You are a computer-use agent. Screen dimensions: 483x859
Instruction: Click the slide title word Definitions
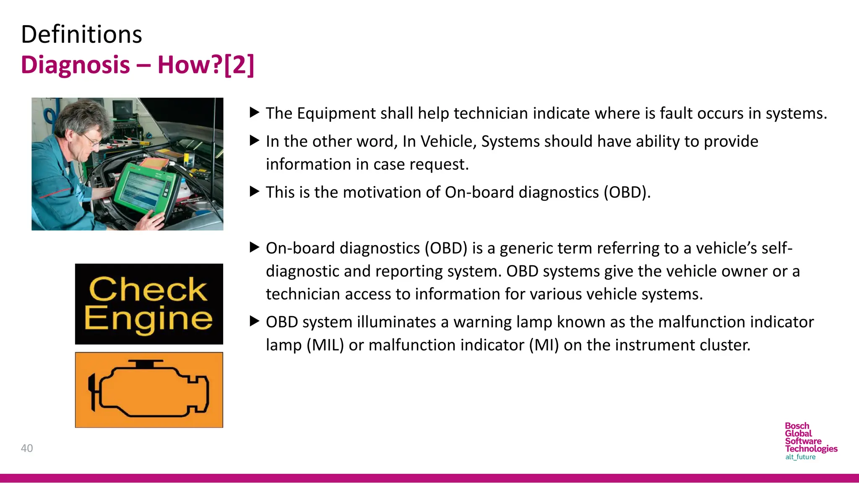tap(81, 34)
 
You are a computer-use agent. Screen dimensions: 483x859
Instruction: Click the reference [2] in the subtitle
tap(239, 65)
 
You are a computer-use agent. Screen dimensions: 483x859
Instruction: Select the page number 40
tap(27, 448)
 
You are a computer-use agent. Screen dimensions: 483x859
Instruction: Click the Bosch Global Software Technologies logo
tap(810, 437)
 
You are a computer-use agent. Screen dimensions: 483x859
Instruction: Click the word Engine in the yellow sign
tap(148, 319)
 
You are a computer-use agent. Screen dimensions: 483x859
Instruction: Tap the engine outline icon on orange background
tap(149, 390)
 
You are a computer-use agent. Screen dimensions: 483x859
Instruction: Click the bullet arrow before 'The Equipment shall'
tap(254, 113)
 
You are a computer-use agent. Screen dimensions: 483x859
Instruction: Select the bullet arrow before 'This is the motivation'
tap(254, 192)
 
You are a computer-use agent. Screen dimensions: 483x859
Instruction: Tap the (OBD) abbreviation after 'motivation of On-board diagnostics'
tap(627, 192)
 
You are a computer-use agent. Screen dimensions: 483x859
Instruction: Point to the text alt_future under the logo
tap(800, 457)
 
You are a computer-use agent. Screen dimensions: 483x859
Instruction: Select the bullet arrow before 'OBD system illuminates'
tap(254, 322)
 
